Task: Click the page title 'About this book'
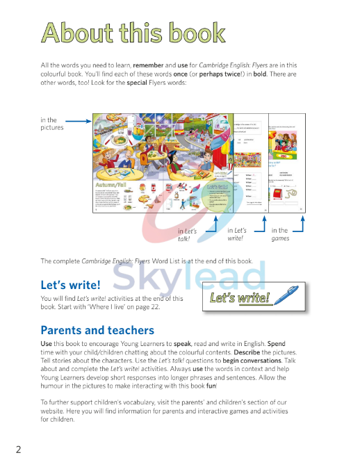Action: click(x=133, y=33)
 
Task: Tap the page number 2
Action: click(x=19, y=448)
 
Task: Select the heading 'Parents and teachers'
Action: click(x=97, y=330)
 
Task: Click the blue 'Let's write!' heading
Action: click(x=70, y=285)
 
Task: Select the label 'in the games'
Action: click(x=280, y=235)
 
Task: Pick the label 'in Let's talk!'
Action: click(x=188, y=235)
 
